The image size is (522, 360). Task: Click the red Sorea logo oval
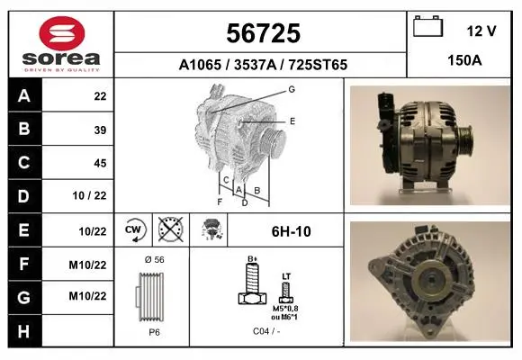click(62, 33)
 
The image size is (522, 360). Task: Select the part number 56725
click(264, 33)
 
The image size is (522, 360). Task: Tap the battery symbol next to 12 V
click(427, 26)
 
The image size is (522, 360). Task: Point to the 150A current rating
click(464, 60)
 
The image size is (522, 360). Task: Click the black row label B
click(24, 129)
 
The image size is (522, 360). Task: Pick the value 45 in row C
click(100, 163)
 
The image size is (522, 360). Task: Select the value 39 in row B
click(100, 130)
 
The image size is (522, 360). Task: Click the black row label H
click(24, 331)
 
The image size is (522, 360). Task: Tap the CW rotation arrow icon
click(134, 229)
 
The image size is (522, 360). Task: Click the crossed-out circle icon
click(171, 229)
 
